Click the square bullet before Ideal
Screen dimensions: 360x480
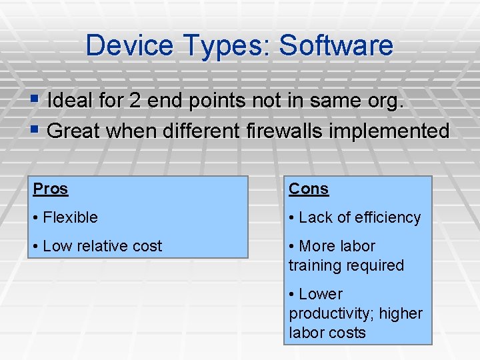pyautogui.click(x=37, y=100)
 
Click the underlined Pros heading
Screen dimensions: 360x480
pyautogui.click(x=51, y=189)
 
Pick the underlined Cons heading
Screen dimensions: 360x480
pyautogui.click(x=309, y=189)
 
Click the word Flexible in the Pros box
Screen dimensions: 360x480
pyautogui.click(x=70, y=217)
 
